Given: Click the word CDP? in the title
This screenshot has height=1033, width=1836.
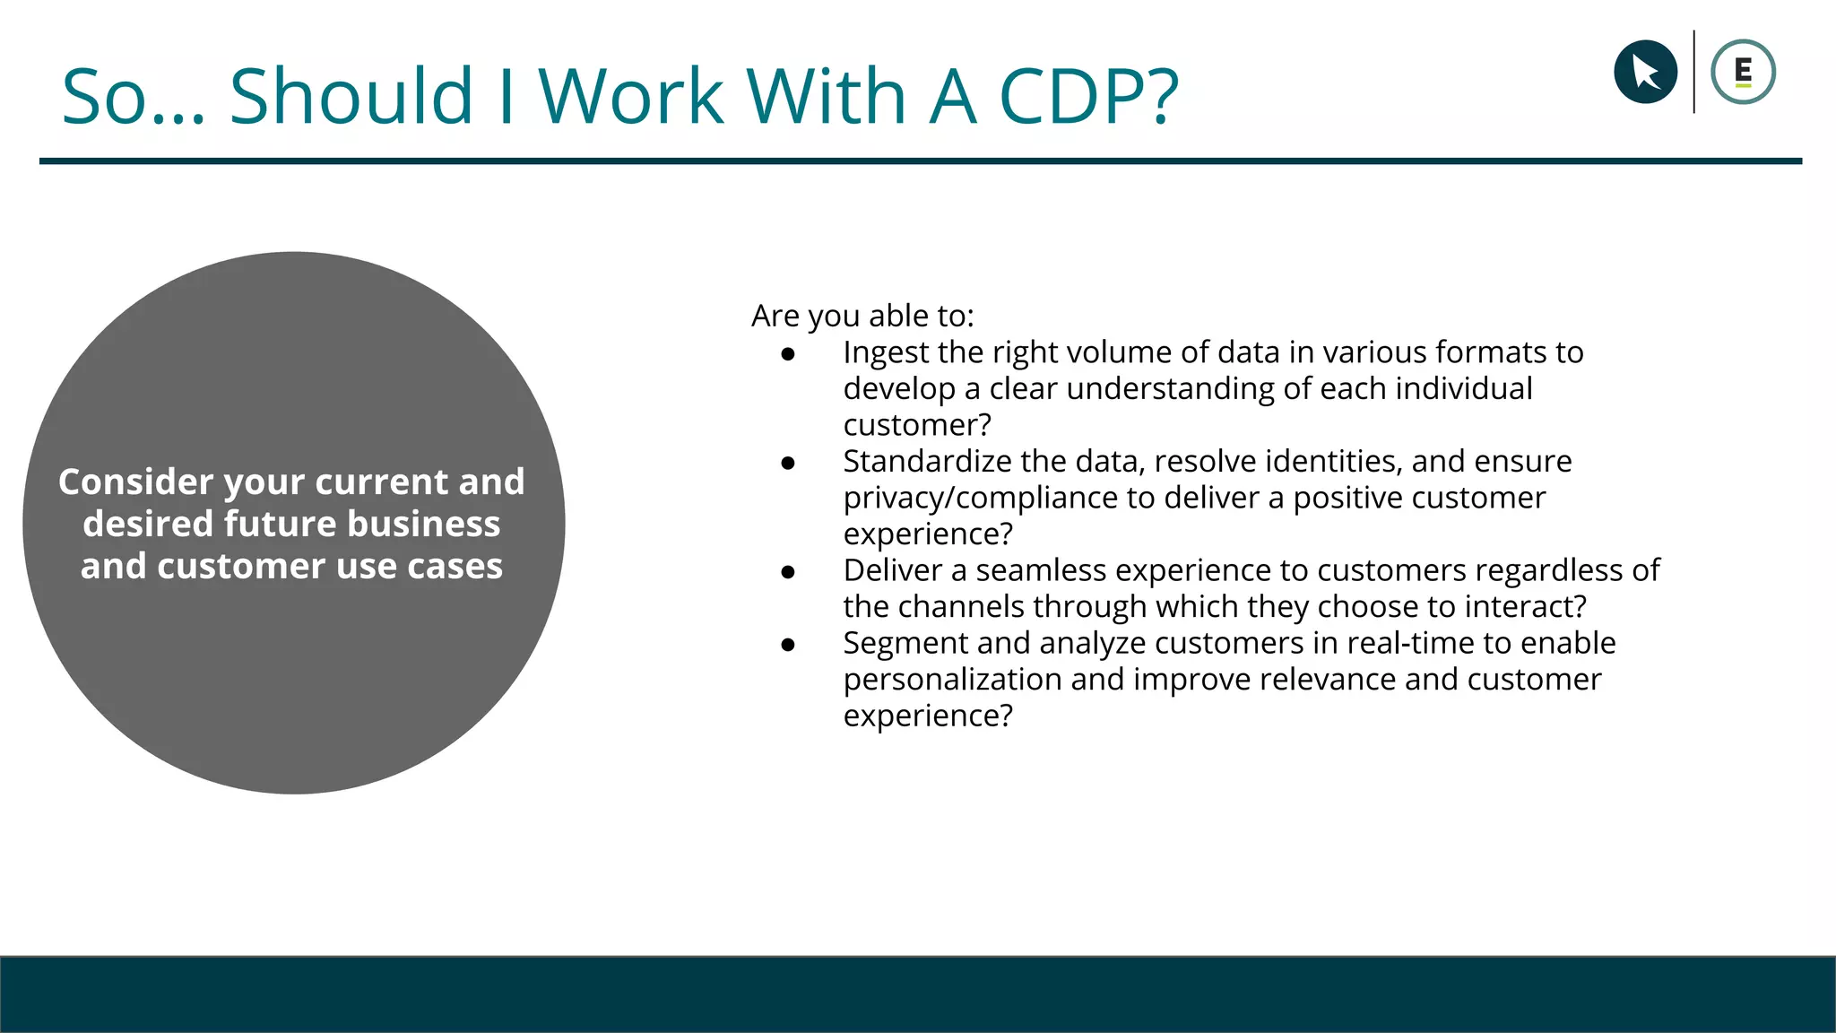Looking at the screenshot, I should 1088,96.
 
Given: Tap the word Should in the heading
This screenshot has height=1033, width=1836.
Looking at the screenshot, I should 351,96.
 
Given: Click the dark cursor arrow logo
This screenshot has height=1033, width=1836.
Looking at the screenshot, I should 1645,72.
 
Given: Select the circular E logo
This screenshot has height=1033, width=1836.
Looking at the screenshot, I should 1743,72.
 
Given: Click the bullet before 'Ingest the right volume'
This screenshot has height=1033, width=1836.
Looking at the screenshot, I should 788,354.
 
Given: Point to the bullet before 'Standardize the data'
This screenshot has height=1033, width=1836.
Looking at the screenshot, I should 788,463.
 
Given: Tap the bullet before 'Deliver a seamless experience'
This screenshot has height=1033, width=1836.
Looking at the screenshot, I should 788,572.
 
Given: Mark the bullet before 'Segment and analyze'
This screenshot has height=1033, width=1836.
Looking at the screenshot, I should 788,645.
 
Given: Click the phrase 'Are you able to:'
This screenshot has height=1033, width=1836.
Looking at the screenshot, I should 862,317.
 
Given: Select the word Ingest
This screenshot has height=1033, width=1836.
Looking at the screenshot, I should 886,353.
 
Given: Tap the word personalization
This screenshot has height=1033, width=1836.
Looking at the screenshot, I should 952,680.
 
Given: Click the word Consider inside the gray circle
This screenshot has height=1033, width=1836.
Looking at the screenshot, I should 136,482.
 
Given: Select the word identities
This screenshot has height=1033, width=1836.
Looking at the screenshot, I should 1326,462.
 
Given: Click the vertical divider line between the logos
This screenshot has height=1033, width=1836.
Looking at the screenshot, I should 1693,72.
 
